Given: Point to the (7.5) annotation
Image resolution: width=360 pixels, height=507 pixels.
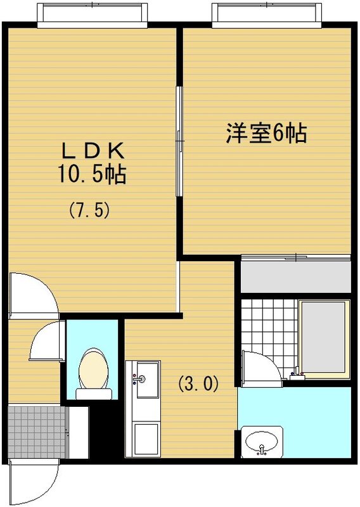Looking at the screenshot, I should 90,210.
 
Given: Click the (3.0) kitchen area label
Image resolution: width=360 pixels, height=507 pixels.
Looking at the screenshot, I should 198,383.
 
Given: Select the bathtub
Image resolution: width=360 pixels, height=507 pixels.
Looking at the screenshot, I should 325,339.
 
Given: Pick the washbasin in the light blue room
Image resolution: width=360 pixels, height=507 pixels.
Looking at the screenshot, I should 262,441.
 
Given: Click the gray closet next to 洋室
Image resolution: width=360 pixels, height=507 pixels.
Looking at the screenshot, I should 295,276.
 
